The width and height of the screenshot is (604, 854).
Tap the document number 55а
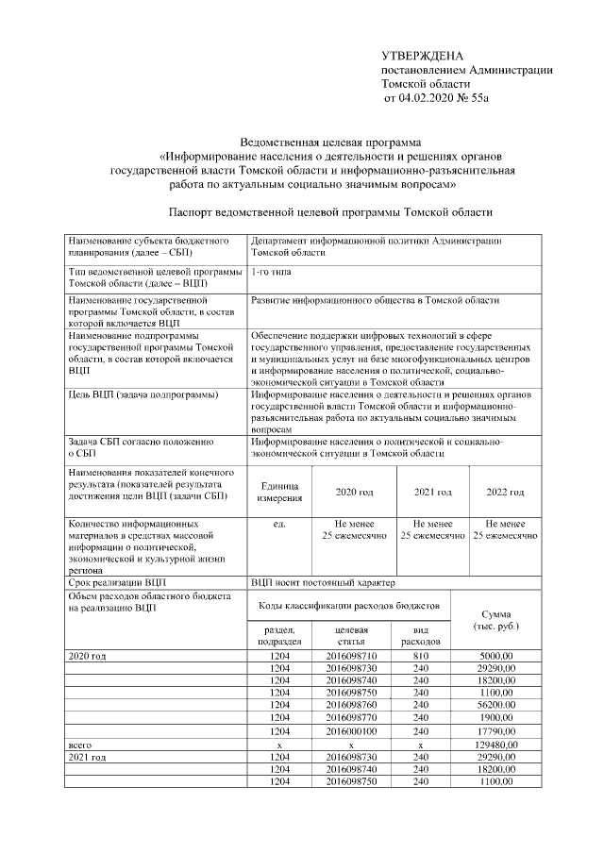tap(480, 97)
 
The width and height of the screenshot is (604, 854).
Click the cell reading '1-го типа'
tap(273, 271)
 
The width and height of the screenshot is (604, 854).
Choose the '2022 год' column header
tap(505, 493)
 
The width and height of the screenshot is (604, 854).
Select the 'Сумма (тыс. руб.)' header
tap(496, 620)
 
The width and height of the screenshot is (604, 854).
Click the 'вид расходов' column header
tap(420, 635)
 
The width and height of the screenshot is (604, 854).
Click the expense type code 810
tap(420, 655)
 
